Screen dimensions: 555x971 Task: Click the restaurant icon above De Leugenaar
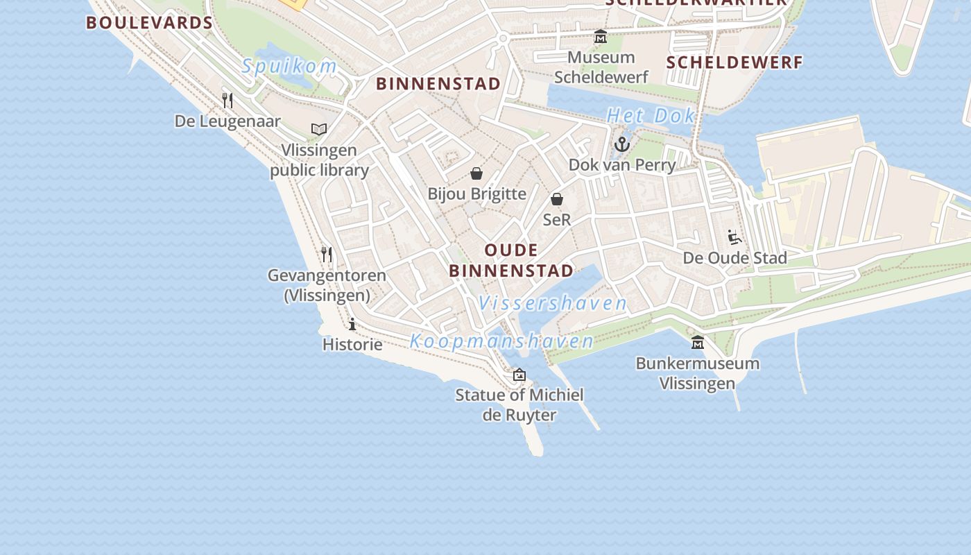click(227, 101)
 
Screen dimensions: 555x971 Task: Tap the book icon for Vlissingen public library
click(319, 129)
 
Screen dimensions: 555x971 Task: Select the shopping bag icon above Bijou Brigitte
click(476, 173)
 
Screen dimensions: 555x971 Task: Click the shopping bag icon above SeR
click(557, 200)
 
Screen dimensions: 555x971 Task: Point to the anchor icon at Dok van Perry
click(622, 144)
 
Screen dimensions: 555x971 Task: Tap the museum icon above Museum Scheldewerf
click(601, 37)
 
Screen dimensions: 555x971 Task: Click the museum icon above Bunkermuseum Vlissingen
click(698, 343)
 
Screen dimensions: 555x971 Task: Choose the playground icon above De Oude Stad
click(734, 238)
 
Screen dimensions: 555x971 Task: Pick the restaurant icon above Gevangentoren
click(327, 255)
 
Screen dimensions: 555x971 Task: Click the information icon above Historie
click(352, 324)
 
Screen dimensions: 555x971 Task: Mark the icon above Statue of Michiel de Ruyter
click(519, 375)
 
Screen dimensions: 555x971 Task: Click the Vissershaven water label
click(553, 303)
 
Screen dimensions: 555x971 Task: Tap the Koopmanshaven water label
click(501, 341)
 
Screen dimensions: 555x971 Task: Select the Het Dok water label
click(651, 116)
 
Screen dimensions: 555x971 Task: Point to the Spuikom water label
click(289, 67)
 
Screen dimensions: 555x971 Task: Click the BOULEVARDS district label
click(149, 22)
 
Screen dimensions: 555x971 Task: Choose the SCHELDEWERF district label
click(734, 62)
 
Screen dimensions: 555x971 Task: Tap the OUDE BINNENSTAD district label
click(511, 260)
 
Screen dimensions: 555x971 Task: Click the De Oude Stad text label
click(734, 258)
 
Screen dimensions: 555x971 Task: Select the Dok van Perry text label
click(622, 164)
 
